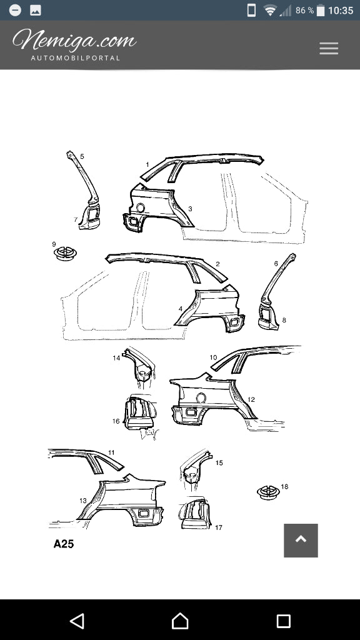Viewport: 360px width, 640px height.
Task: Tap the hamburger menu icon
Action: pos(329,49)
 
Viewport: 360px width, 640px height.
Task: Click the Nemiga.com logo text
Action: pos(74,40)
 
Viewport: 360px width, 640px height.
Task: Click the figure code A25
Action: pos(64,544)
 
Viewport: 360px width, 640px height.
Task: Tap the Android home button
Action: pos(180,621)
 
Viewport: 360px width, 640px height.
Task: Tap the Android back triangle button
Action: pos(77,621)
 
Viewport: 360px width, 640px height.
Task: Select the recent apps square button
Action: pos(283,621)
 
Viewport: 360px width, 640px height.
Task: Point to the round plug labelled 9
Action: pos(65,254)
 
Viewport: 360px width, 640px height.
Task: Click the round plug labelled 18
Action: pos(268,492)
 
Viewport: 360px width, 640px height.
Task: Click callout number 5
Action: pos(82,156)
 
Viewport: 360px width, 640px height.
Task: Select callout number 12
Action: pos(251,399)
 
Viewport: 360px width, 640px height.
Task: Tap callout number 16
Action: pos(116,421)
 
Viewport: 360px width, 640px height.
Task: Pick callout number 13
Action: pos(83,501)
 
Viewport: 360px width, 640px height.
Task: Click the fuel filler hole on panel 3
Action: pos(140,207)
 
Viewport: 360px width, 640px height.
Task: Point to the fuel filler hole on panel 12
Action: pos(201,397)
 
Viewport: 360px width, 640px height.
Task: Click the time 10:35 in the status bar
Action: pos(341,11)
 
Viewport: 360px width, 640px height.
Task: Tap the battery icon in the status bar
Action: pos(321,11)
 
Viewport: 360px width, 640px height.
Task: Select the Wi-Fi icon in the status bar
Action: pos(270,11)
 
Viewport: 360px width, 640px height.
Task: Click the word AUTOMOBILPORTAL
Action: pos(76,58)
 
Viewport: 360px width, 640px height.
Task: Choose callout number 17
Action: pos(218,527)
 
